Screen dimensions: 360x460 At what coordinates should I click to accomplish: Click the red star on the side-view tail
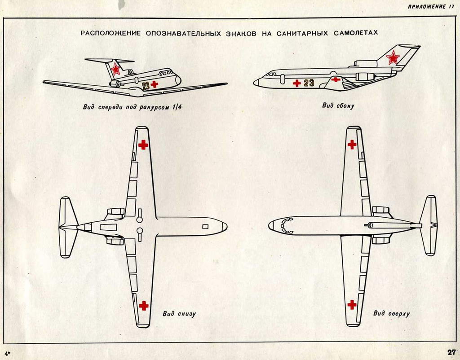click(393, 57)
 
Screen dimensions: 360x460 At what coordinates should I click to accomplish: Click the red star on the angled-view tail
click(115, 69)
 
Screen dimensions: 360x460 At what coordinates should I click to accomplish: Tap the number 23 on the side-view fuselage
click(309, 83)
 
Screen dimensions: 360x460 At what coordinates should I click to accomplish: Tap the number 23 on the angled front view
click(146, 86)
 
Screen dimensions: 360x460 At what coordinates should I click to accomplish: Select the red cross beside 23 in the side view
click(296, 83)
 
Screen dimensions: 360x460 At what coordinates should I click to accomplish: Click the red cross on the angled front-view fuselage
click(155, 84)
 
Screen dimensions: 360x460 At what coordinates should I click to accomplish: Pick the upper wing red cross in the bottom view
click(143, 145)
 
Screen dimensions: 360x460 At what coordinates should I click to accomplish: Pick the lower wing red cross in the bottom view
click(143, 306)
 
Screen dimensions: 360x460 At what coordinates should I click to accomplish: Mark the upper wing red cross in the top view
click(352, 145)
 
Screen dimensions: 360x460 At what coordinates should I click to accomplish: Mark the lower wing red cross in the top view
click(352, 305)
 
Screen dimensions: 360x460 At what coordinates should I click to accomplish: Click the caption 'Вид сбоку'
click(338, 106)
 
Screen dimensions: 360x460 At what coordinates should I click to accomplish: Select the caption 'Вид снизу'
click(179, 314)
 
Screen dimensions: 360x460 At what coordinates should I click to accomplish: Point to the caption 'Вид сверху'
click(391, 313)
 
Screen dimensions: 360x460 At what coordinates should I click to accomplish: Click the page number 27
click(451, 352)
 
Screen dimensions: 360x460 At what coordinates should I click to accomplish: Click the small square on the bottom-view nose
click(205, 226)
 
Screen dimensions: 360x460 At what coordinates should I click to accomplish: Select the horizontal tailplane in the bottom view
click(66, 227)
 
